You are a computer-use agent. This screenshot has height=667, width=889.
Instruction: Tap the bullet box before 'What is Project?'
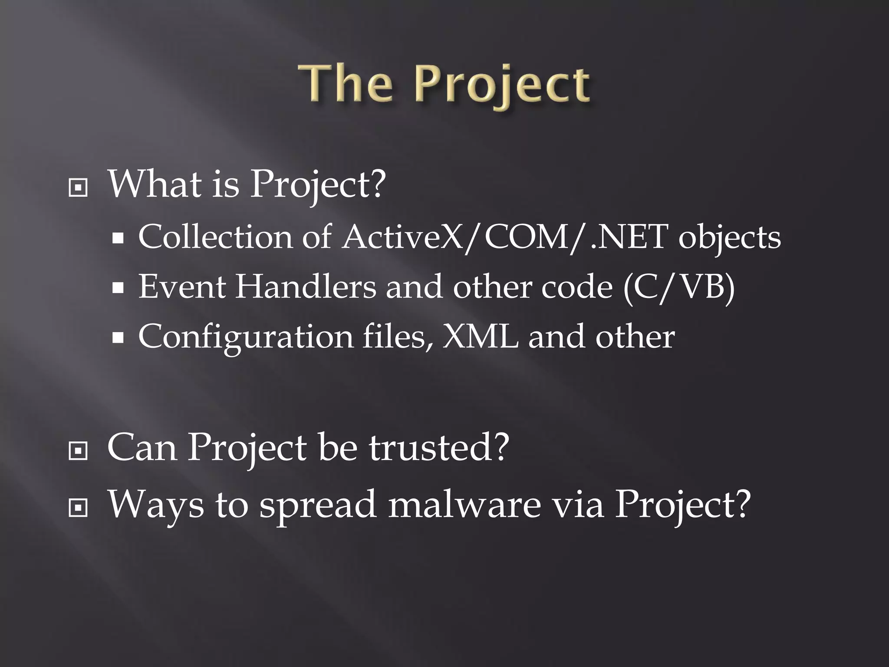pos(78,188)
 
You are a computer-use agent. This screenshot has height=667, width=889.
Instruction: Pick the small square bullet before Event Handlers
pos(118,287)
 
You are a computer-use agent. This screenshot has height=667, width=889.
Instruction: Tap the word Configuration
pos(246,338)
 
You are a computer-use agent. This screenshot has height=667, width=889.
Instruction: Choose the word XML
pos(480,337)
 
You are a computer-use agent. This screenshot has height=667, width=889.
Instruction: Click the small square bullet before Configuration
pos(118,337)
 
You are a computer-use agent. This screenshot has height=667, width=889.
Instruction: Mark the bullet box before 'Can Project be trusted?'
pos(78,452)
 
